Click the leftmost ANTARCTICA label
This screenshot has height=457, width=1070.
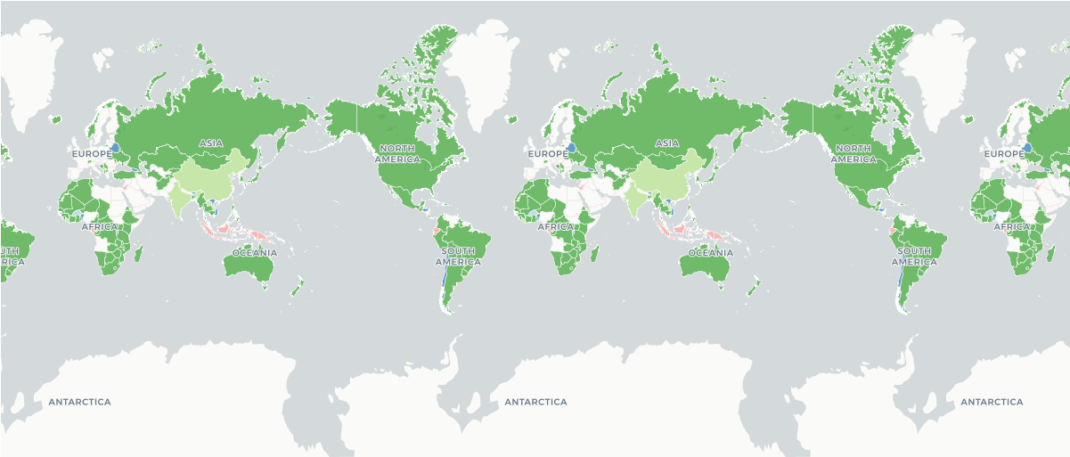click(x=79, y=402)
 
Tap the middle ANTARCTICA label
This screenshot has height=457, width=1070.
click(x=535, y=402)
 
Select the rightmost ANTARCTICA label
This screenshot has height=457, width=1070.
click(x=992, y=402)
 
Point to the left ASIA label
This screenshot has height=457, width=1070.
click(x=211, y=143)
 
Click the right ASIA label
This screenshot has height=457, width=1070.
click(x=667, y=143)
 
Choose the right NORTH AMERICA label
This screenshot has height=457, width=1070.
click(x=854, y=153)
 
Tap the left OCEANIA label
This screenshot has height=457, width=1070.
click(x=255, y=252)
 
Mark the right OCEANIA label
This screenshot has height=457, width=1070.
click(x=711, y=252)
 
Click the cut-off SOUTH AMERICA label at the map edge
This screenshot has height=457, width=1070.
click(x=9, y=257)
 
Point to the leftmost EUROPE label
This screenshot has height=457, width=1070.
click(x=92, y=154)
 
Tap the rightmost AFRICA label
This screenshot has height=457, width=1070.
click(x=1012, y=226)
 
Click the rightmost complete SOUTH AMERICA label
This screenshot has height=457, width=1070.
click(x=914, y=257)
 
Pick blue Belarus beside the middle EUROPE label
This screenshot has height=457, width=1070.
click(x=571, y=147)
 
